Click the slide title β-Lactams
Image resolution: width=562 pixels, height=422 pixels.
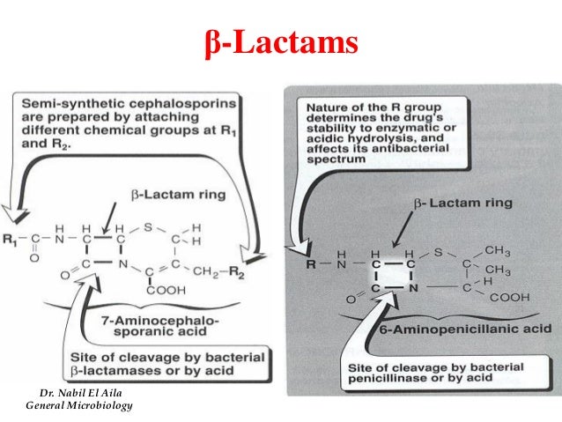281,41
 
